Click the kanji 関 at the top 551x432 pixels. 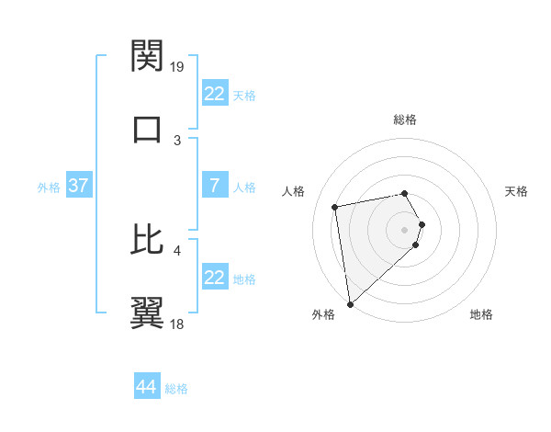point(147,57)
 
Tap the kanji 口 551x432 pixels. point(147,129)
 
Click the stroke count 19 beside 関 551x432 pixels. point(177,67)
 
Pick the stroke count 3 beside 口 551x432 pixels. point(177,140)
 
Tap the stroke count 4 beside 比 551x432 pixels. point(177,249)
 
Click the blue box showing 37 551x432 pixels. point(78,186)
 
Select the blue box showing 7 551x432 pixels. point(214,186)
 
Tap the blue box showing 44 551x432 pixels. point(147,387)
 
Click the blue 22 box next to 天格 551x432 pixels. point(214,94)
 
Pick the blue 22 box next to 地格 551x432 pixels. point(214,278)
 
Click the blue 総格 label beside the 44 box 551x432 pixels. point(176,389)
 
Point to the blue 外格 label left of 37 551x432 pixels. point(49,188)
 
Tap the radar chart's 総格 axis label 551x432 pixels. point(405,119)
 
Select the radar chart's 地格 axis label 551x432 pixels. point(481,314)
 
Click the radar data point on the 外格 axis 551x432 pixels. point(349,303)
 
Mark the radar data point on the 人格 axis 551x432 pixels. point(335,206)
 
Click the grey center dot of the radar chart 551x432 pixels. point(405,228)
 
